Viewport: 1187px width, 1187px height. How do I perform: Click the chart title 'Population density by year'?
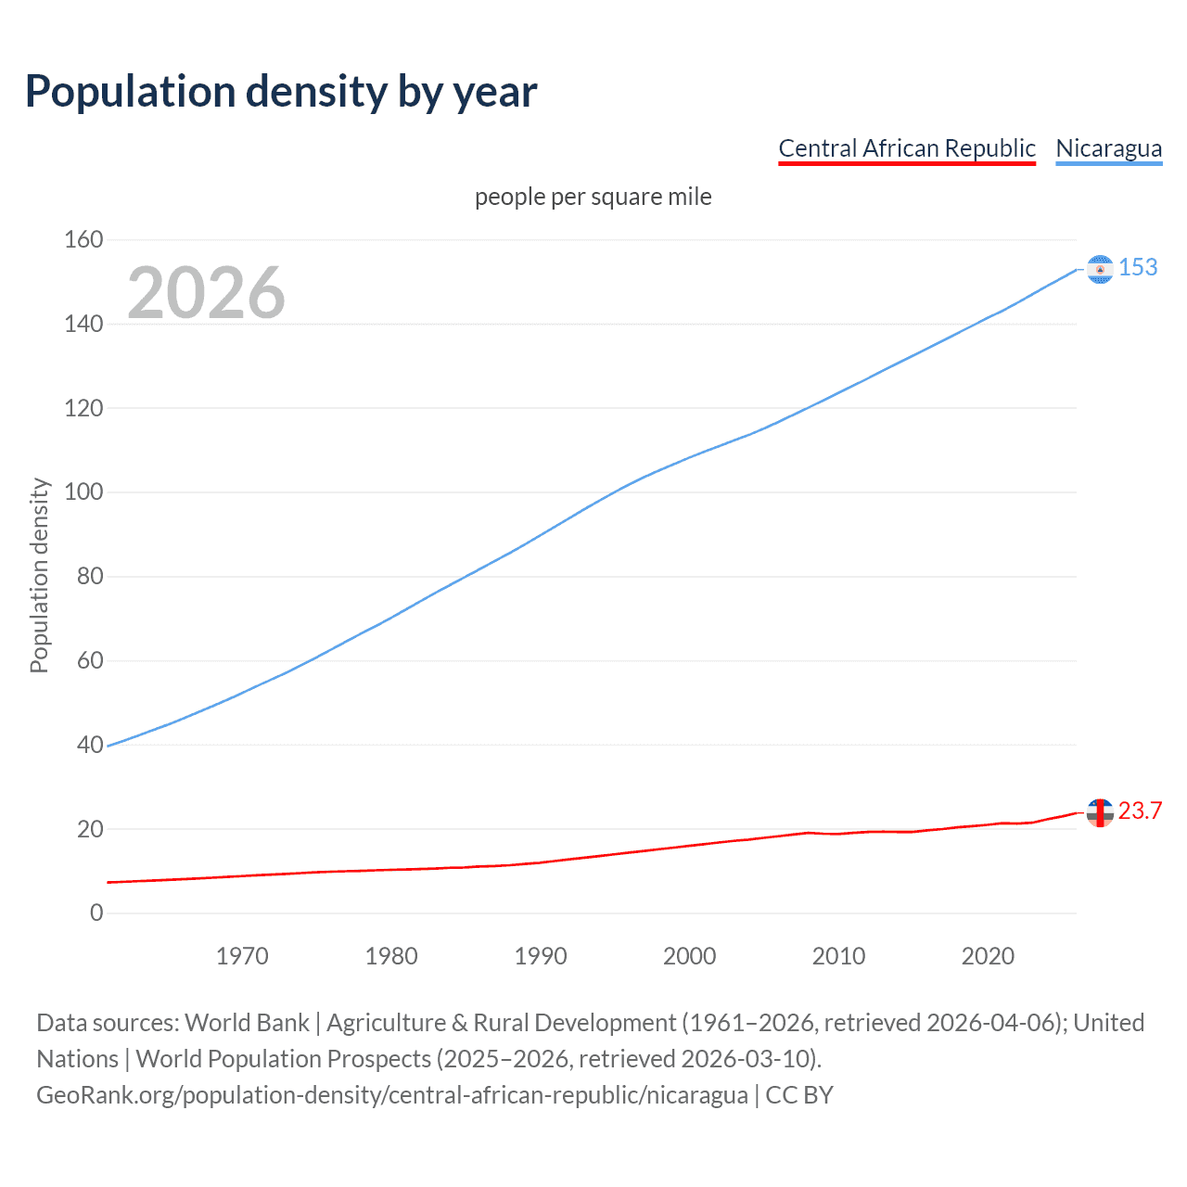(281, 92)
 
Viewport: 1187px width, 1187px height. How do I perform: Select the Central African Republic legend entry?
(906, 148)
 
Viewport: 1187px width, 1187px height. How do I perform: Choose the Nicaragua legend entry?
(1108, 148)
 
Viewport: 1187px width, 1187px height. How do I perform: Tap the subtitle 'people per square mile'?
(593, 197)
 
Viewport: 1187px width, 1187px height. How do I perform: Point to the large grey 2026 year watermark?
(206, 293)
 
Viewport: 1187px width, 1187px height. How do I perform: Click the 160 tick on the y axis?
(83, 240)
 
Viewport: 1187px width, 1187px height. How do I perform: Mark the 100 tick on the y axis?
(83, 492)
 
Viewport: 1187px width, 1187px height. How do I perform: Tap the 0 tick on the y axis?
(96, 913)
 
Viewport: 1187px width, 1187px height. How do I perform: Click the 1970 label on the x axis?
(242, 956)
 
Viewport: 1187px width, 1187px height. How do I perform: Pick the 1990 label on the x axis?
(541, 956)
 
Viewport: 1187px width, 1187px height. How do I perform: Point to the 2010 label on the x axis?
(838, 956)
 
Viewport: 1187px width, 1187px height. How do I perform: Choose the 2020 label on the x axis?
(988, 956)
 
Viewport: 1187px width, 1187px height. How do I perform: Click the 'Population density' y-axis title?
(39, 575)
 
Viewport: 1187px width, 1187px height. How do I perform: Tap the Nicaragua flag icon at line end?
(1100, 269)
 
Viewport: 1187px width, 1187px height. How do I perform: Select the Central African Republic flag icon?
(1100, 812)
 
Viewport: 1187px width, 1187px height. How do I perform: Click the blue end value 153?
(1138, 268)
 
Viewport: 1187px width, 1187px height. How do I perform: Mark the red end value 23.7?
(1140, 811)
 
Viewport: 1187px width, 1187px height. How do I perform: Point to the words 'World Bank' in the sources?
(247, 1023)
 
